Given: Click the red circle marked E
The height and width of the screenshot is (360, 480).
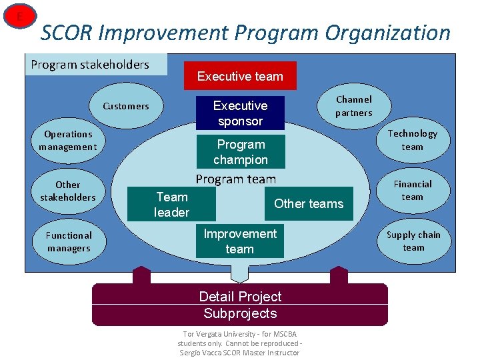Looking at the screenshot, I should [x=19, y=16].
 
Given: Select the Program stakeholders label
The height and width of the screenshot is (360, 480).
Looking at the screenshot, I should [x=91, y=65].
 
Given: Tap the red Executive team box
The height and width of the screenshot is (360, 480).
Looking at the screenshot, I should [x=240, y=76].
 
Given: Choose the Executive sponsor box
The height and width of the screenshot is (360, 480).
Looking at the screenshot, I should [x=240, y=113].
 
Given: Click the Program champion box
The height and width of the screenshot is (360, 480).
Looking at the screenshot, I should [x=241, y=152].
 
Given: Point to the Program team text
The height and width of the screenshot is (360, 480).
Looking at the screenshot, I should [x=235, y=179].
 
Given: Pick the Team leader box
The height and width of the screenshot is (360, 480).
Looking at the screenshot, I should [x=172, y=204].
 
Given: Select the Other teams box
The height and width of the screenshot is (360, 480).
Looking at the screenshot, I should [x=309, y=204].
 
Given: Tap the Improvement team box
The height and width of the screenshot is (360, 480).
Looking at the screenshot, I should [x=240, y=241].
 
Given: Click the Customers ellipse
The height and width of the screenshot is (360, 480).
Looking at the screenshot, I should [x=126, y=106].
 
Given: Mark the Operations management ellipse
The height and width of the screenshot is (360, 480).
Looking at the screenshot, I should [x=67, y=141].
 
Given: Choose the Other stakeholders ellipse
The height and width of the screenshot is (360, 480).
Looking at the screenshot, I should [x=67, y=191].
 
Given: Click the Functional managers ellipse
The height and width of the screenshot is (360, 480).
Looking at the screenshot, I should [x=68, y=242].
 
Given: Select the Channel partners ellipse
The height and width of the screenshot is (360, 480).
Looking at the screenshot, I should [x=354, y=106].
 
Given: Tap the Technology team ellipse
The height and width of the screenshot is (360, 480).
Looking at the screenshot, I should [x=412, y=140].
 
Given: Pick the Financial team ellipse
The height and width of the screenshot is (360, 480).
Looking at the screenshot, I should [x=412, y=191].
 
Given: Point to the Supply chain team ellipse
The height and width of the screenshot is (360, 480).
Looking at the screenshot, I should [x=413, y=241].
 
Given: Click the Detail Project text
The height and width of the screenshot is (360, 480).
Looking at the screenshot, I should [x=240, y=297].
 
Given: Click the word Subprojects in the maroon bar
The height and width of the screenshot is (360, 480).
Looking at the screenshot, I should [x=240, y=313].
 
